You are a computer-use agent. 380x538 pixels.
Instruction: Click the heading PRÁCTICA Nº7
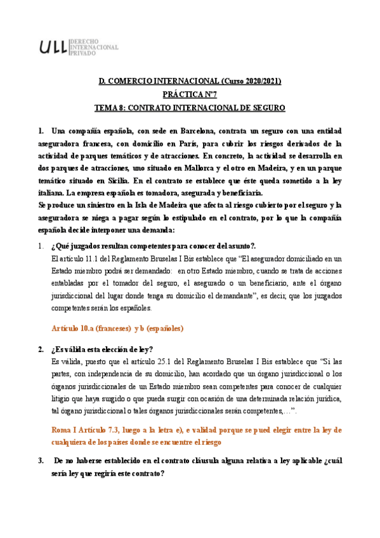point(190,95)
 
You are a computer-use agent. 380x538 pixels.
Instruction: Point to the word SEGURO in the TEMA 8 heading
point(268,108)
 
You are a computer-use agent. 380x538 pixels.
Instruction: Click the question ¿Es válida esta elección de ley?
point(102,350)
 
